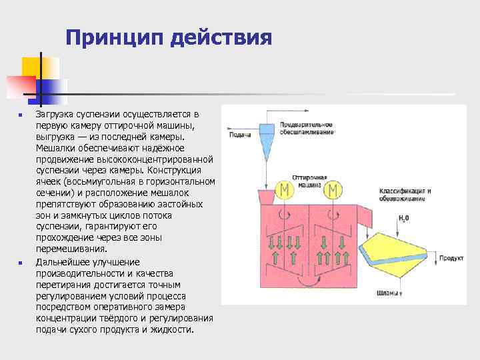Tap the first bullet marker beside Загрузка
[20, 115]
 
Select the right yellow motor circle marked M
[331, 191]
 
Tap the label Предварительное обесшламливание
[307, 128]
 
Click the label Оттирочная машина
[309, 180]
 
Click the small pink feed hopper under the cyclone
[264, 196]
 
